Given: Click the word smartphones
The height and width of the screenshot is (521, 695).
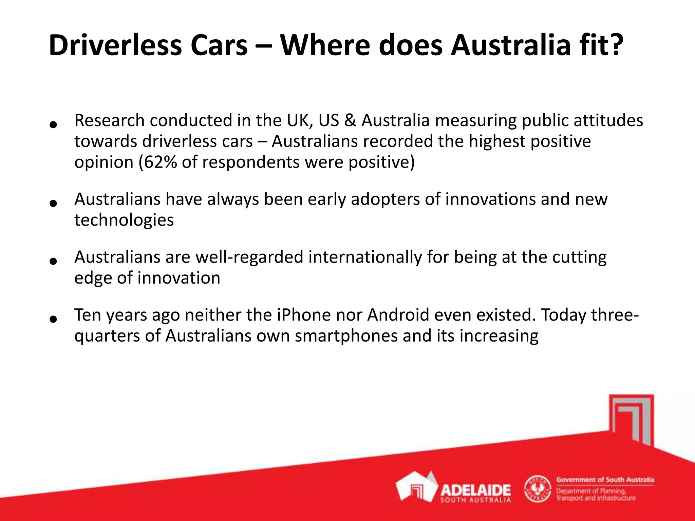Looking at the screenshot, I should tap(346, 336).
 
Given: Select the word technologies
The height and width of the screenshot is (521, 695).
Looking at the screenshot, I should tap(124, 220).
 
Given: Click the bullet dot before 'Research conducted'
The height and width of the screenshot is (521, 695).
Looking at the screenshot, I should tap(53, 125).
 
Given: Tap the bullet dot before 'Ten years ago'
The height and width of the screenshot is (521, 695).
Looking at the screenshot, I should tap(53, 319).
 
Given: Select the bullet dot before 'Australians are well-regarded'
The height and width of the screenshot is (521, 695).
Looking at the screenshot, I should tap(53, 261).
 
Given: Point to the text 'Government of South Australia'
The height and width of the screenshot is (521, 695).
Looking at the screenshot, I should tap(605, 480).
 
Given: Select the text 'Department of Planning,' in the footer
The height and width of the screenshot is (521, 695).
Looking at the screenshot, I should tap(591, 491).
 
